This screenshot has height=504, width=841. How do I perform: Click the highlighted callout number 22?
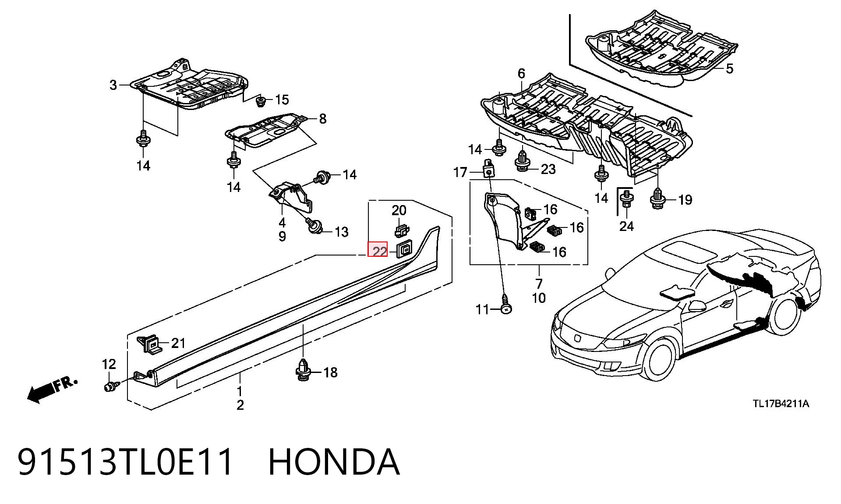pos(379,251)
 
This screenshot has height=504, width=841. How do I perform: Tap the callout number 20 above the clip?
pos(399,210)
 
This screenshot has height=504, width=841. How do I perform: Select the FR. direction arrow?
pos(52,389)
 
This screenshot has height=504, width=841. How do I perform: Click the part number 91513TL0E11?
pos(125,462)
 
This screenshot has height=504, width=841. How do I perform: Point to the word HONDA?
pos(334,462)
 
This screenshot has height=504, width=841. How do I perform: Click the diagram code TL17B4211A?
pos(781,404)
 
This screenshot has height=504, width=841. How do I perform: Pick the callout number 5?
pos(729,68)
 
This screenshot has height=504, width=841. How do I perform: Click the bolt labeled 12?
pos(111,386)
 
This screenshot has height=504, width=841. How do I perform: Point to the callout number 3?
pos(113,85)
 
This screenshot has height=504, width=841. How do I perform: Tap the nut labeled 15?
pos(261,101)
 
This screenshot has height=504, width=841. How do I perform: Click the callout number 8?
pos(323,119)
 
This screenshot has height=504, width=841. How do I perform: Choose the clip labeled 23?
pos(522,161)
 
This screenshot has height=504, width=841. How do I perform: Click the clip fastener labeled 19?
pos(658,198)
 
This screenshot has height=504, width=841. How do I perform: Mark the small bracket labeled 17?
pos(488,168)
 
